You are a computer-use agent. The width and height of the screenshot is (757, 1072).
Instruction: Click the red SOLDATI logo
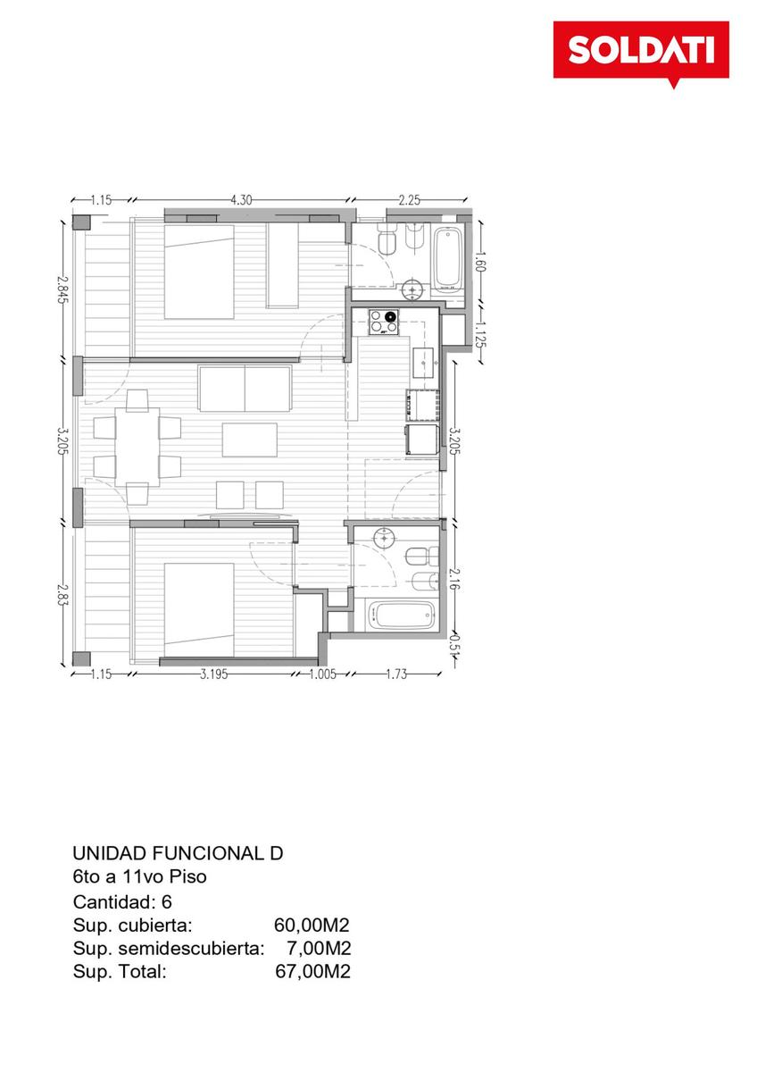point(640,51)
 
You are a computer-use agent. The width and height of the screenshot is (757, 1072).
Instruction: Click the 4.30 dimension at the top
point(242,199)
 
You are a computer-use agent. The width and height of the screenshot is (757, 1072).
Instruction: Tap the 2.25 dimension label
point(410,199)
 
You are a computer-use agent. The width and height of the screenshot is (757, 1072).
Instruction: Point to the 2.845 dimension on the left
point(62,288)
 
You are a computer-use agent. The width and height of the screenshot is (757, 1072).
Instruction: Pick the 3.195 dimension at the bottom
point(213,674)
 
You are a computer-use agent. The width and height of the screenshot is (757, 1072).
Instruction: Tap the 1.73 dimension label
point(396,674)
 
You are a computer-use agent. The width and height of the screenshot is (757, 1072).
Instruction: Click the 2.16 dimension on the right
point(454,579)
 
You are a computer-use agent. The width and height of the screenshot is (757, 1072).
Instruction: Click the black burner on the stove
point(391,316)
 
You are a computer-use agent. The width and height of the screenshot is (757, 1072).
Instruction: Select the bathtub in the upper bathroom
point(447,259)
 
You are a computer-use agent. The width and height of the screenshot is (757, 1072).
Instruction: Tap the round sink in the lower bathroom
point(385,538)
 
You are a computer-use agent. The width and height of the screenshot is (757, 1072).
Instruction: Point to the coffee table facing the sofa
point(250,440)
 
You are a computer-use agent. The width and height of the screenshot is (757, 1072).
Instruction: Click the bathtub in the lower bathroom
point(402,616)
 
